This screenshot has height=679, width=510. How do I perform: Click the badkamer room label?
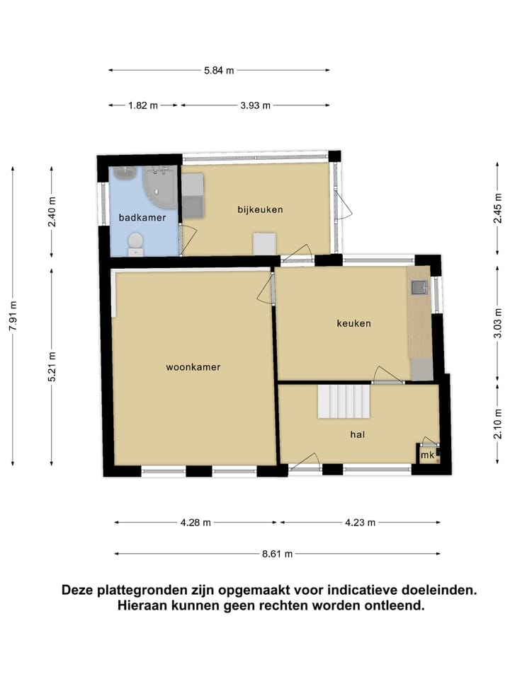[142, 218]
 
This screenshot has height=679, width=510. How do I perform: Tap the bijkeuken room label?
[260, 209]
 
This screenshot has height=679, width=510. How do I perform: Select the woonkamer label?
[193, 367]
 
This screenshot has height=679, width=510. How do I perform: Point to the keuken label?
[353, 323]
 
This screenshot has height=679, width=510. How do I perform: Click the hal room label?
[357, 435]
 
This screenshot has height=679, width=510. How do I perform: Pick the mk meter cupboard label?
[427, 456]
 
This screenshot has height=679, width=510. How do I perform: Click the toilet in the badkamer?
[134, 245]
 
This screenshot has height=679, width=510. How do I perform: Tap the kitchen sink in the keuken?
[419, 287]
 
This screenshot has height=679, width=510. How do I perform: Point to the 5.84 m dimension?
[219, 70]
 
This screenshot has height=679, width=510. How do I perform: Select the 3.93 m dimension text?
[256, 105]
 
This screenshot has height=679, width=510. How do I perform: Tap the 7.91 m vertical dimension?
[13, 315]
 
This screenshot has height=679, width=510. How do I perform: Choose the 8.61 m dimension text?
[277, 554]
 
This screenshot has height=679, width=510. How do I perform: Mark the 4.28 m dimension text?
[195, 523]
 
